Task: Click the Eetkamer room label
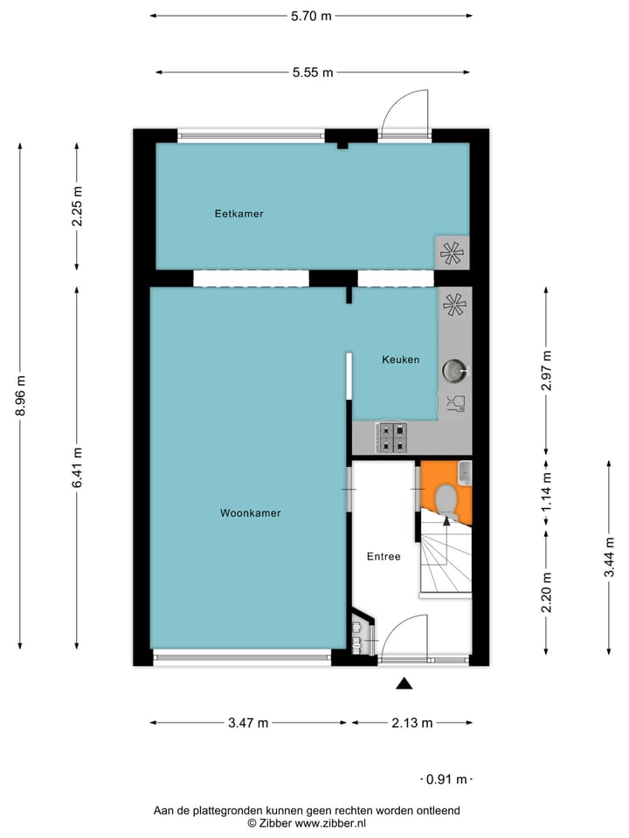[x=238, y=213]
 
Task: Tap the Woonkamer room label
[x=250, y=513]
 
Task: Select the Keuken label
[x=400, y=360]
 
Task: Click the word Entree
[x=383, y=556]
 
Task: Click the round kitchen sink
[x=453, y=371]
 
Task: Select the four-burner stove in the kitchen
[x=391, y=436]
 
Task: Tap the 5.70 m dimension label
[x=311, y=16]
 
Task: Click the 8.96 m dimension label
[x=20, y=396]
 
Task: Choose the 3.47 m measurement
[x=248, y=723]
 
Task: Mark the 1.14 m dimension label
[x=547, y=492]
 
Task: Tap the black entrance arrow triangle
[x=404, y=684]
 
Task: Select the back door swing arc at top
[x=404, y=112]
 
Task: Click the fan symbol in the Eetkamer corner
[x=452, y=253]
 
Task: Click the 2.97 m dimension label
[x=547, y=370]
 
